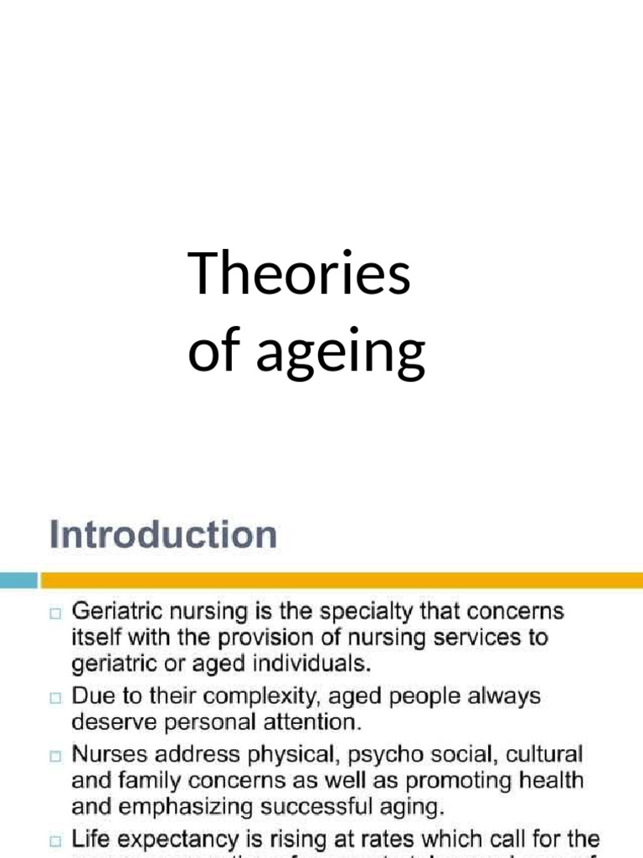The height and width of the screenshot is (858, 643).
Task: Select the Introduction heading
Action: click(162, 534)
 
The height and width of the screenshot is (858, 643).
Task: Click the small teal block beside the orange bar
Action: click(18, 580)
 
